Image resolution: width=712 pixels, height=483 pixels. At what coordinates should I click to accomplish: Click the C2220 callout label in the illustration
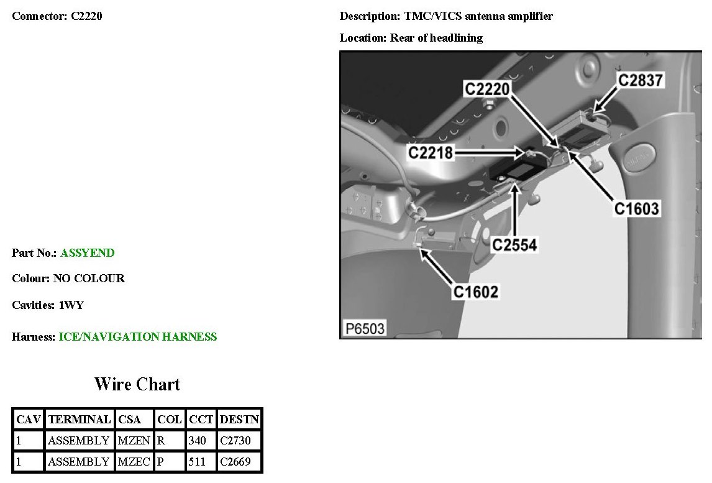click(487, 90)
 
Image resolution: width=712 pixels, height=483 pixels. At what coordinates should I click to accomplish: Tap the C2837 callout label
click(640, 80)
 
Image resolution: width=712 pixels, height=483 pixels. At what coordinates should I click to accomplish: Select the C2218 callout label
click(431, 152)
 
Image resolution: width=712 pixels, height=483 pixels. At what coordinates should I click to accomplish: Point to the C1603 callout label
click(636, 208)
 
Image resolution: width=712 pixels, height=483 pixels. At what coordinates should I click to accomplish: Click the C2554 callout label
click(514, 245)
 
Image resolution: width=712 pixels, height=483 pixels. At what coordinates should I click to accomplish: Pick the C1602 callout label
click(475, 291)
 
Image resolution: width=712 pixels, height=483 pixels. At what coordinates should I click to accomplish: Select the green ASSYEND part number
click(88, 253)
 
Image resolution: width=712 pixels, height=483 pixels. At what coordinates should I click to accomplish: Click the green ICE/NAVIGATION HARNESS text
click(138, 337)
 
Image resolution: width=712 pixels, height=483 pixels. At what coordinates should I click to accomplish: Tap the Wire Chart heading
click(137, 384)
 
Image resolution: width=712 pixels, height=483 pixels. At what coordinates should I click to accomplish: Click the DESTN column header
click(240, 419)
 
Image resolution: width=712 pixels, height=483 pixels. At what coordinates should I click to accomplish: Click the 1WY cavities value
click(71, 305)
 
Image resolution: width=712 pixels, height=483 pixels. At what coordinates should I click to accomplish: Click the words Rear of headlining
click(436, 38)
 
